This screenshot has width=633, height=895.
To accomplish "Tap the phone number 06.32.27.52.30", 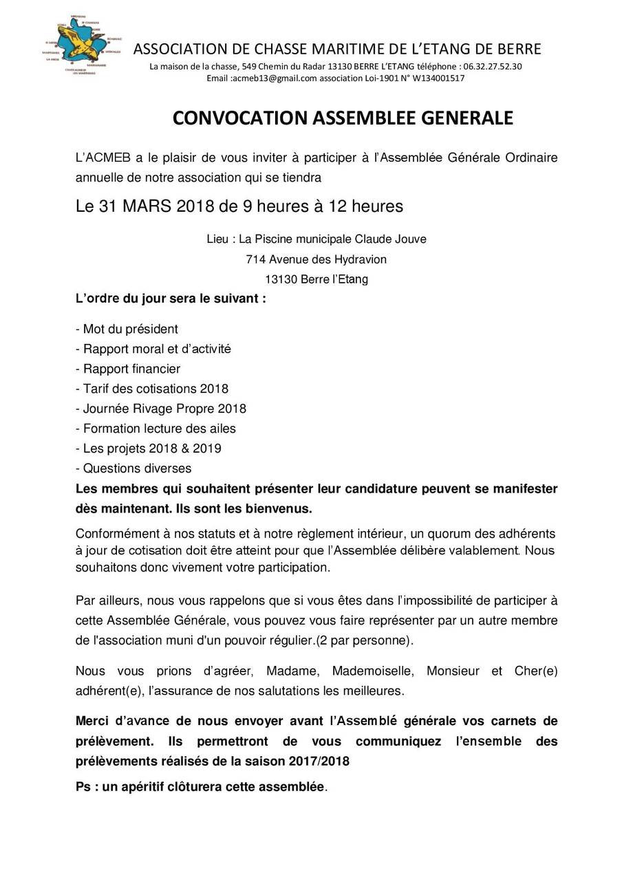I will pos(493,67).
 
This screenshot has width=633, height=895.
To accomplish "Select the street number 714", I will pos(256,259).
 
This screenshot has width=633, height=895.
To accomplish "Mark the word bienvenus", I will pos(280,509).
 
